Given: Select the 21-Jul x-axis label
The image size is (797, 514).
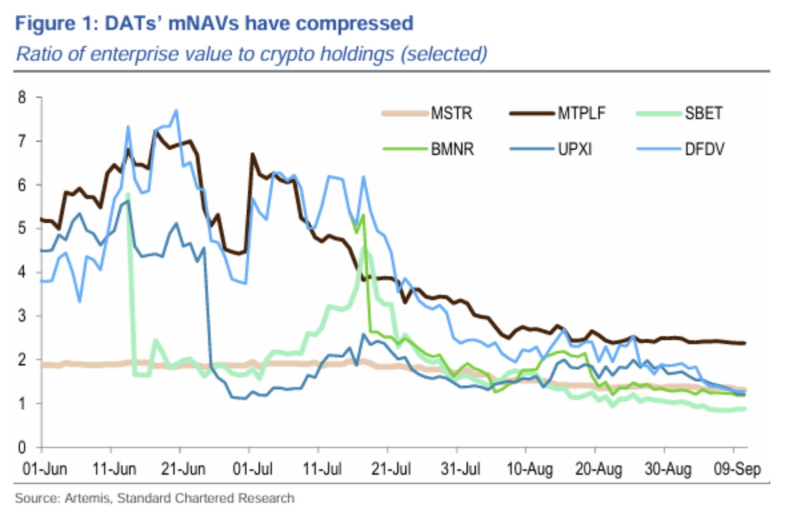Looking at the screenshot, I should click(387, 468).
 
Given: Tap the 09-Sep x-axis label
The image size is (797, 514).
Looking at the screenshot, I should click(734, 468).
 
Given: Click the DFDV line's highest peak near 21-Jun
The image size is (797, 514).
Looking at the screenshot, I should click(176, 111).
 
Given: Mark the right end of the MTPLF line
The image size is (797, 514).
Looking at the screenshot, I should click(744, 343).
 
